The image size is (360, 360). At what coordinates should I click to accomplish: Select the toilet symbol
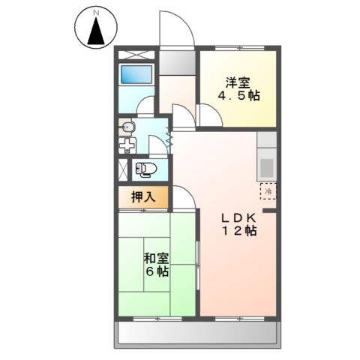pyautogui.click(x=144, y=169)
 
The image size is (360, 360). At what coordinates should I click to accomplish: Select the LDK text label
pyautogui.click(x=237, y=217)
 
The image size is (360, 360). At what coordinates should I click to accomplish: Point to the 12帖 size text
pyautogui.click(x=238, y=232)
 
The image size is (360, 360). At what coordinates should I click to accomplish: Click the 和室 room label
pyautogui.click(x=156, y=258)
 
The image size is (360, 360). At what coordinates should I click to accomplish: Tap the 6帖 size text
pyautogui.click(x=156, y=271)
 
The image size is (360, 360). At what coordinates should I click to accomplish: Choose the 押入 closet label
pyautogui.click(x=142, y=197)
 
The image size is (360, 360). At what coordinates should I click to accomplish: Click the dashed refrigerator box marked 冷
pyautogui.click(x=268, y=190)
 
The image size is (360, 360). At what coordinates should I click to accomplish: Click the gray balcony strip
pyautogui.click(x=198, y=333)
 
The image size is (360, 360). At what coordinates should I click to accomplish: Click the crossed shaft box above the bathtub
pyautogui.click(x=136, y=55)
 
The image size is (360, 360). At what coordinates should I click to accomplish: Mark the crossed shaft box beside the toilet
pyautogui.click(x=123, y=169)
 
